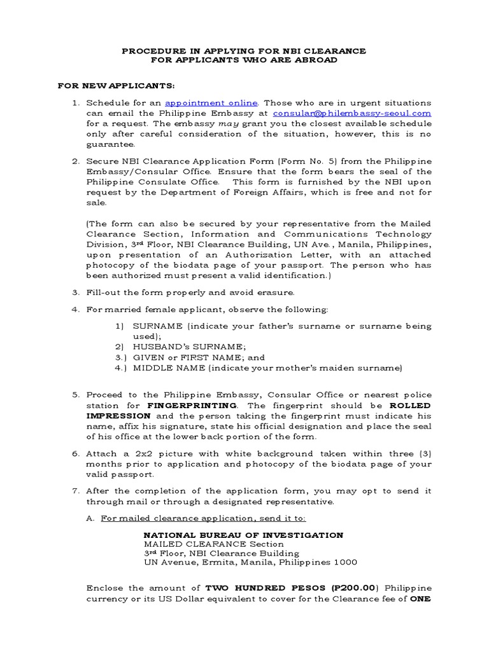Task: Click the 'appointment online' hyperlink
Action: pos(211,103)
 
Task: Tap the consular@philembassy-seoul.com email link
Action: pos(352,113)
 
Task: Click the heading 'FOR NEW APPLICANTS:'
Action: pos(116,85)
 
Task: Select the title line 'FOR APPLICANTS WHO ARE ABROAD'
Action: pos(244,60)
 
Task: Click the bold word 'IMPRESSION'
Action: pos(114,416)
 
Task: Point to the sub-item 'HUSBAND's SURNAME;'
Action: pos(180,346)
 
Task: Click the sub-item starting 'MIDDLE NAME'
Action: pos(267,367)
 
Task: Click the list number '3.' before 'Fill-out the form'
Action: pos(75,292)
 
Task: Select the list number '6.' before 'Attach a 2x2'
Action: pos(75,454)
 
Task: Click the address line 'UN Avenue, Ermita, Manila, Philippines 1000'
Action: pos(250,563)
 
